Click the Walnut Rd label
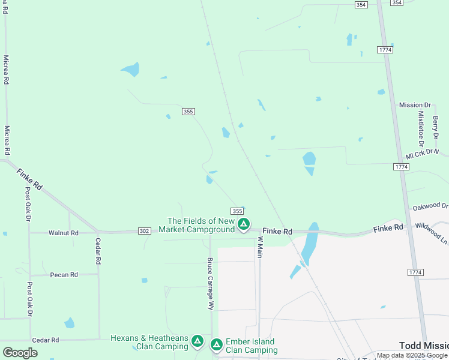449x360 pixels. point(64,233)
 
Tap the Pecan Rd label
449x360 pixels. point(64,275)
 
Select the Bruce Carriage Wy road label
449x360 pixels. point(210,283)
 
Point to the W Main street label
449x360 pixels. point(261,247)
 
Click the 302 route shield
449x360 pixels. point(144,230)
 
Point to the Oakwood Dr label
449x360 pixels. point(430,206)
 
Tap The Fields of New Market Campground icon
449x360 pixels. point(243,224)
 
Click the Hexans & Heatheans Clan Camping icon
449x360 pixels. point(197,341)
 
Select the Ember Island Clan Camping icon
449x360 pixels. point(216,344)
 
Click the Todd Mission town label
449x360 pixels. point(424,346)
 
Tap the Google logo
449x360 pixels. point(20,353)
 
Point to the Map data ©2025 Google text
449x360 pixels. point(412,356)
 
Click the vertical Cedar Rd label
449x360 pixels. point(97,251)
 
